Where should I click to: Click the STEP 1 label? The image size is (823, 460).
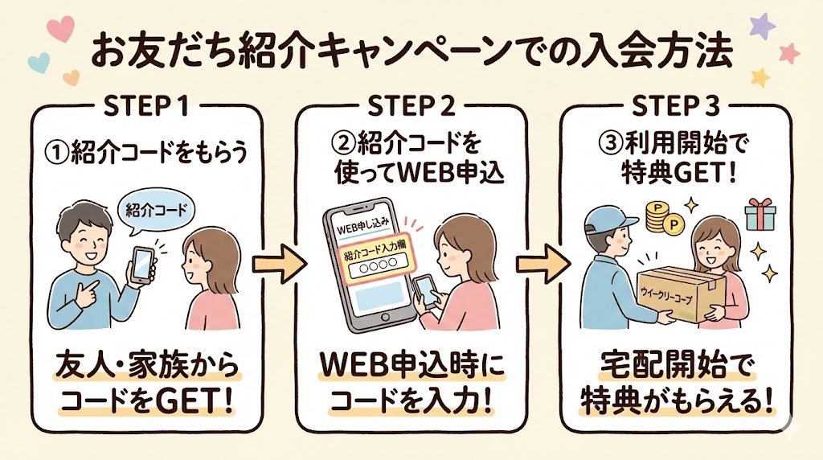click(146, 107)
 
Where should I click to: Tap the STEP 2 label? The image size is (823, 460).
click(411, 107)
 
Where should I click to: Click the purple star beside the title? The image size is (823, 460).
click(761, 27)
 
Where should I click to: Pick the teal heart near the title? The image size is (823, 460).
click(35, 61)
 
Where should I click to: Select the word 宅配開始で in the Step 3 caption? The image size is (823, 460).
click(674, 368)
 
